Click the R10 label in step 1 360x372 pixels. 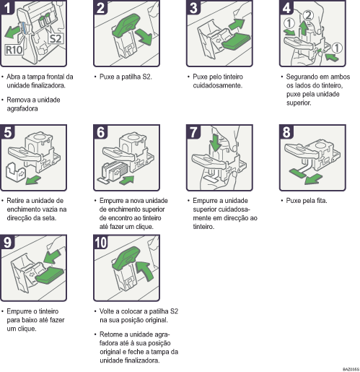point(14,51)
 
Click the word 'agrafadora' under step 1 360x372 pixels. point(23,109)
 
